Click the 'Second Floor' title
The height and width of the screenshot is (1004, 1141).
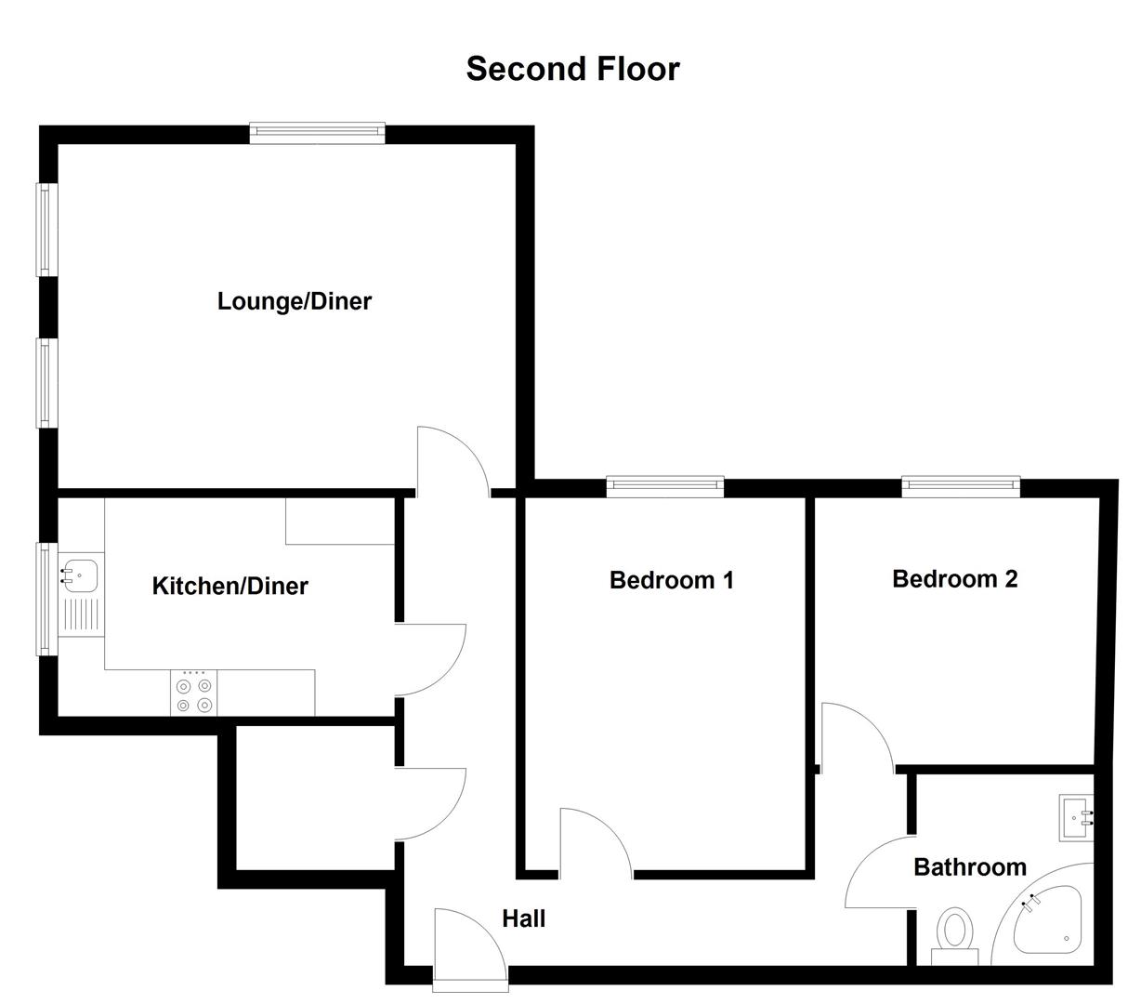click(572, 69)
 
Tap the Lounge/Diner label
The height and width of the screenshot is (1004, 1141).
click(294, 301)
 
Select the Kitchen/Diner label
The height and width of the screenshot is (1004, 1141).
click(230, 586)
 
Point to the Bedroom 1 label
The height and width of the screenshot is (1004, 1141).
click(671, 580)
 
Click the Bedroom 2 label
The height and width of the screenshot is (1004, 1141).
click(954, 578)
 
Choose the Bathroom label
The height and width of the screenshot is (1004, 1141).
click(969, 866)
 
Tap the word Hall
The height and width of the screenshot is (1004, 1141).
click(523, 918)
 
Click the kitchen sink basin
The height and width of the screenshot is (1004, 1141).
click(83, 575)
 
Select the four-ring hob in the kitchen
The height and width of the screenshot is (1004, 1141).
click(194, 694)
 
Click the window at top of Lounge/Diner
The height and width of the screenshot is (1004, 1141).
click(317, 133)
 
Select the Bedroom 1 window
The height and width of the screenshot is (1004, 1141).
click(664, 485)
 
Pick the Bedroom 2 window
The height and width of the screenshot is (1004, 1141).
click(960, 485)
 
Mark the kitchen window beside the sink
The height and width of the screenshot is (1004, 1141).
click(43, 598)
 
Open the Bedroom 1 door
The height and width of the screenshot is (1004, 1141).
click(595, 841)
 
